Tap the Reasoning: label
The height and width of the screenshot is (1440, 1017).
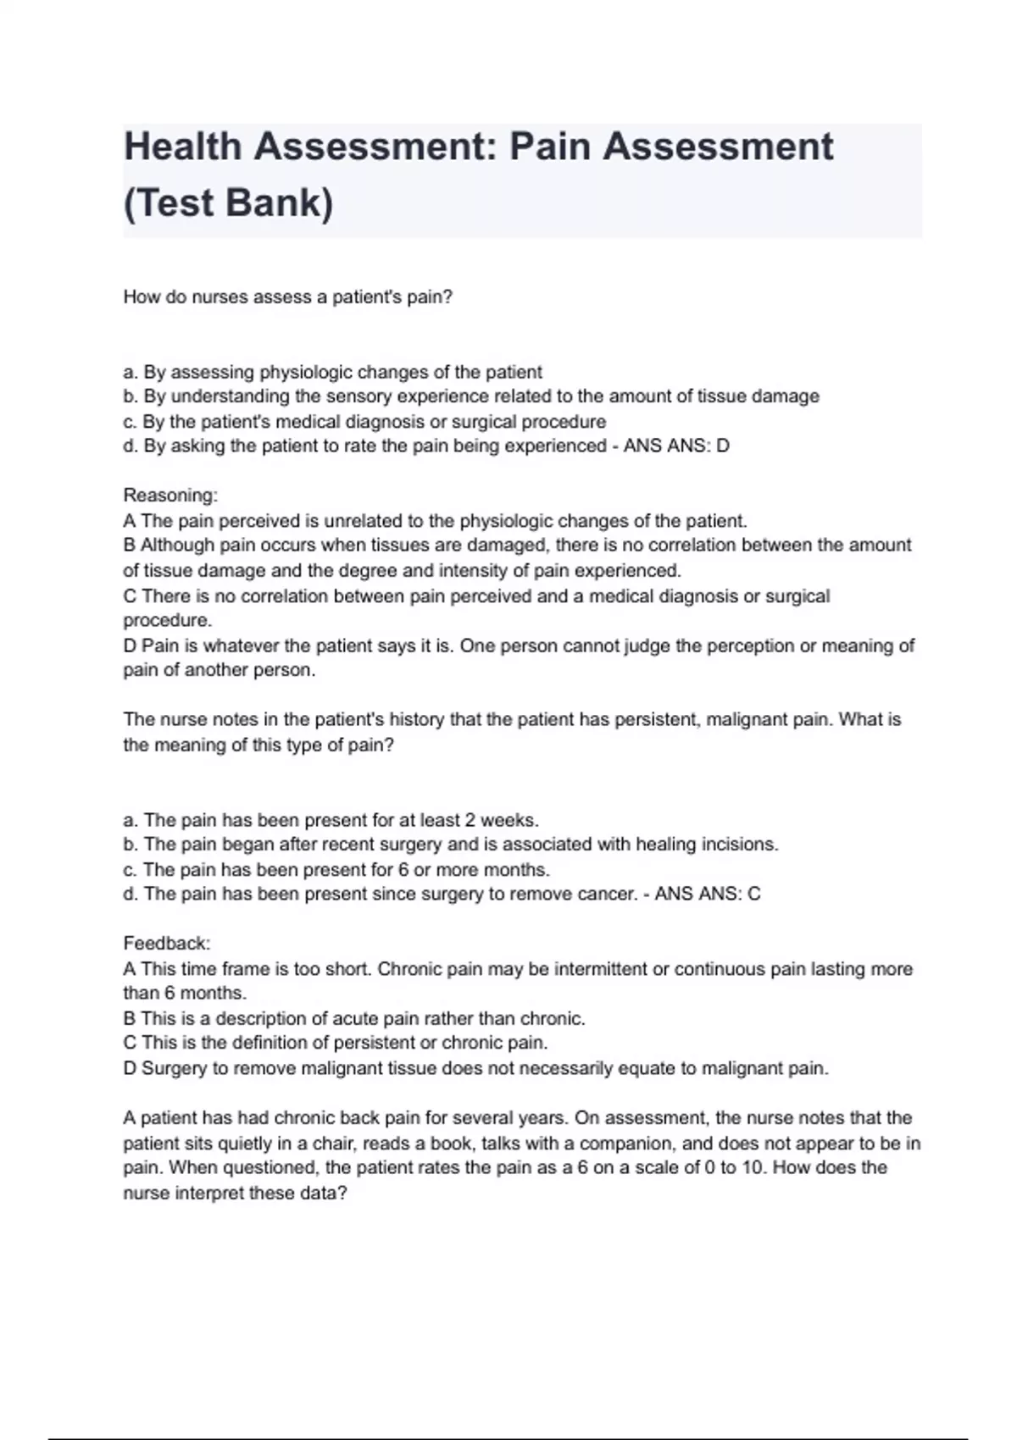coord(170,495)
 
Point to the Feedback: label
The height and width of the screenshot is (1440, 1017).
coord(167,943)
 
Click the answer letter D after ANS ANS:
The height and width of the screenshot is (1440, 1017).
coord(723,446)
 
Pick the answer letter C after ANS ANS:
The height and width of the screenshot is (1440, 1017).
coord(754,894)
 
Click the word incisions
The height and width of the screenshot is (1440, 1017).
coord(739,845)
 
